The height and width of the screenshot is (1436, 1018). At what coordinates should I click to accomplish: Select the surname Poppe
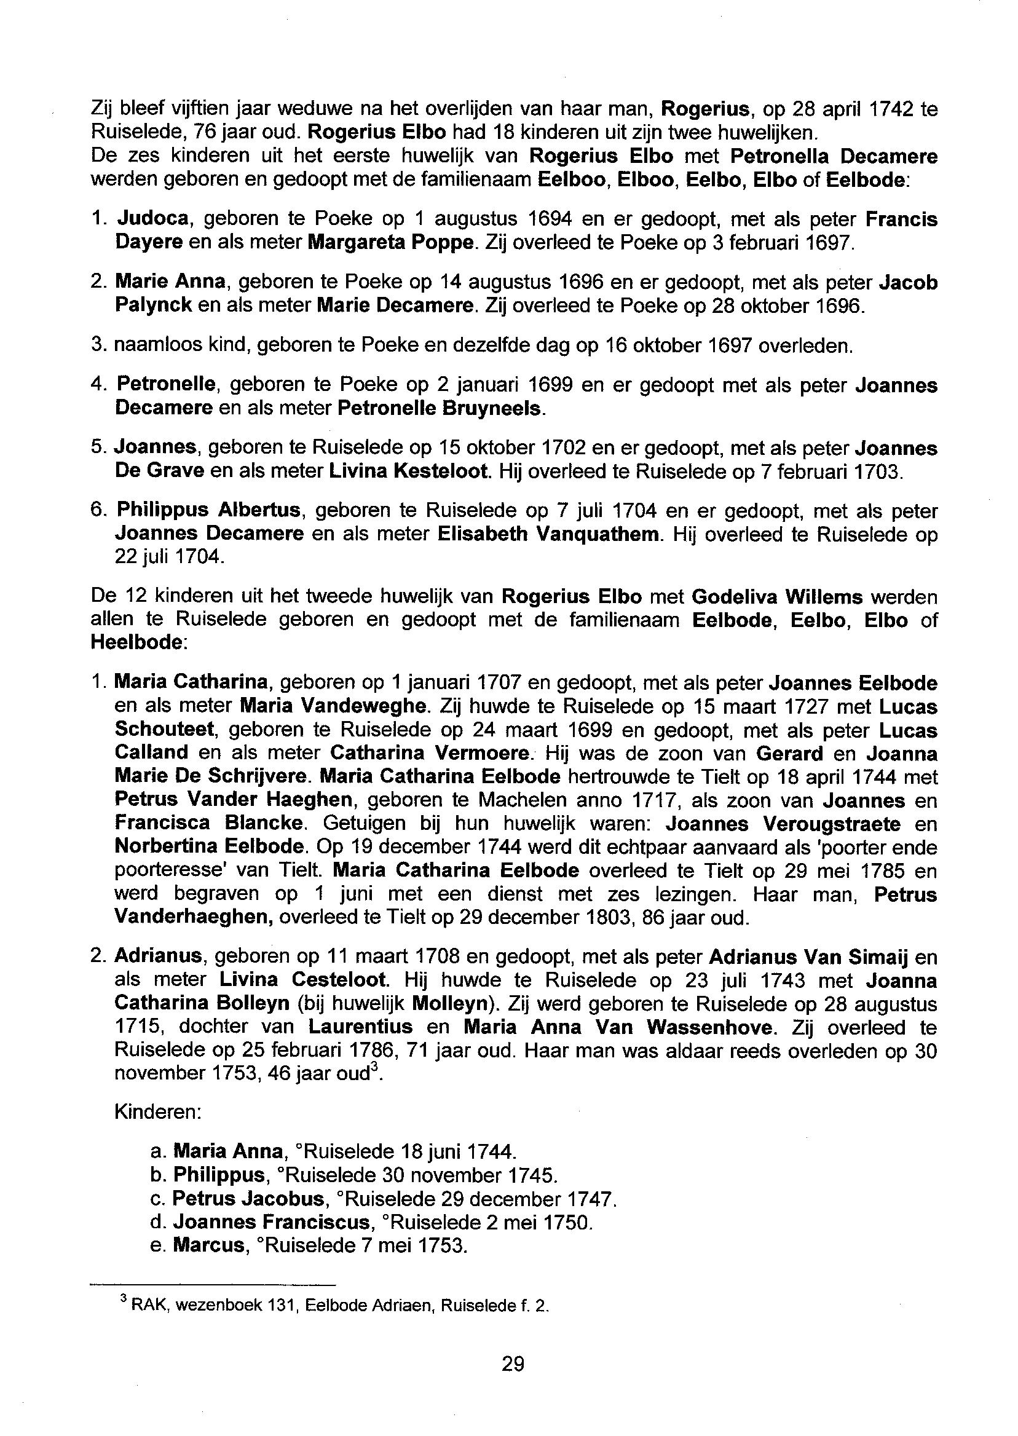point(444,242)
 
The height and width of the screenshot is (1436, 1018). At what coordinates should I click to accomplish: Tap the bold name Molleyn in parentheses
point(449,1003)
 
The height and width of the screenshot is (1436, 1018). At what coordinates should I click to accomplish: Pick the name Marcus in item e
point(208,1245)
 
